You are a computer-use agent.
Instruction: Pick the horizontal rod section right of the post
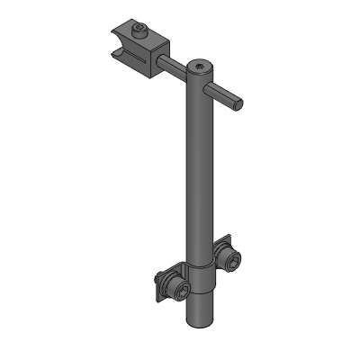[225, 94]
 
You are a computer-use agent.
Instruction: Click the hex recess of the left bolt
[183, 291]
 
